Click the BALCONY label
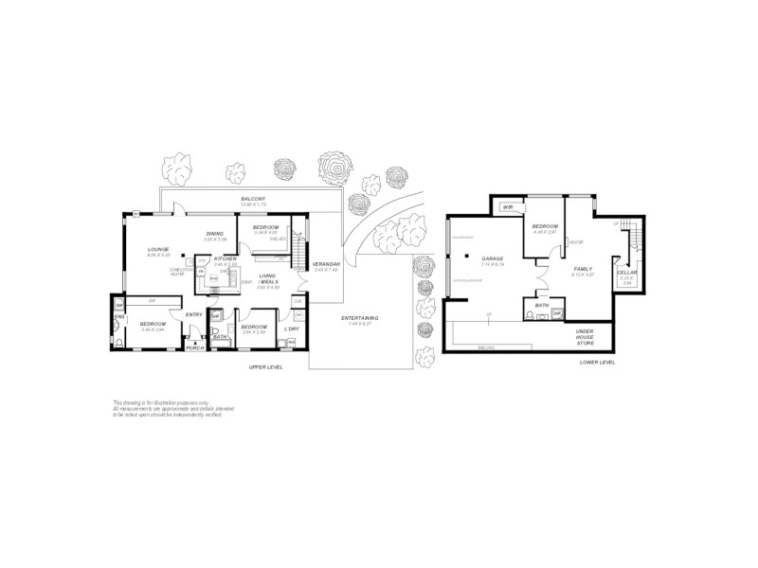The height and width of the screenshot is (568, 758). [x=252, y=198]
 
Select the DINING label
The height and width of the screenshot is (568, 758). [x=215, y=234]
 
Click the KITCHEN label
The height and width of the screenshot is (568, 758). [x=225, y=258]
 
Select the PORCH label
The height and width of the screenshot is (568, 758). [x=195, y=348]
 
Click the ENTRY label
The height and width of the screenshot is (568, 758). [x=194, y=314]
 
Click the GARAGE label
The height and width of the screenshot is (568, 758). [x=492, y=257]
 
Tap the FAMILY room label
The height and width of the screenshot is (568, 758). [x=583, y=269]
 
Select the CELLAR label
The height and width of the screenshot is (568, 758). [x=626, y=273]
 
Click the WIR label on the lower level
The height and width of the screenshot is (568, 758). [x=508, y=206]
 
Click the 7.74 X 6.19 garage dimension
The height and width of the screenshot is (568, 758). [x=492, y=264]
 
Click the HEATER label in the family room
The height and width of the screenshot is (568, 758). [x=574, y=242]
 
